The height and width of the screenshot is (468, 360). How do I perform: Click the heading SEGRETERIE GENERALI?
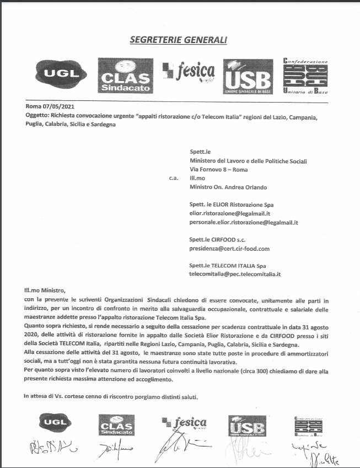(x=178, y=40)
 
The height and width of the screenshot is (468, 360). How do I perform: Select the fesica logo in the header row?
(x=188, y=72)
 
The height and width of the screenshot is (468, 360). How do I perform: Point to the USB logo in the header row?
(x=248, y=76)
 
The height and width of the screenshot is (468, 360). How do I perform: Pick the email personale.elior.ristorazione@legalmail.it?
(x=243, y=223)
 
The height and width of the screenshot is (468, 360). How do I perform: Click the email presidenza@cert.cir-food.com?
(x=229, y=249)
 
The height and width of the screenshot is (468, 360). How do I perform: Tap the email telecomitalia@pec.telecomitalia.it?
(x=235, y=274)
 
